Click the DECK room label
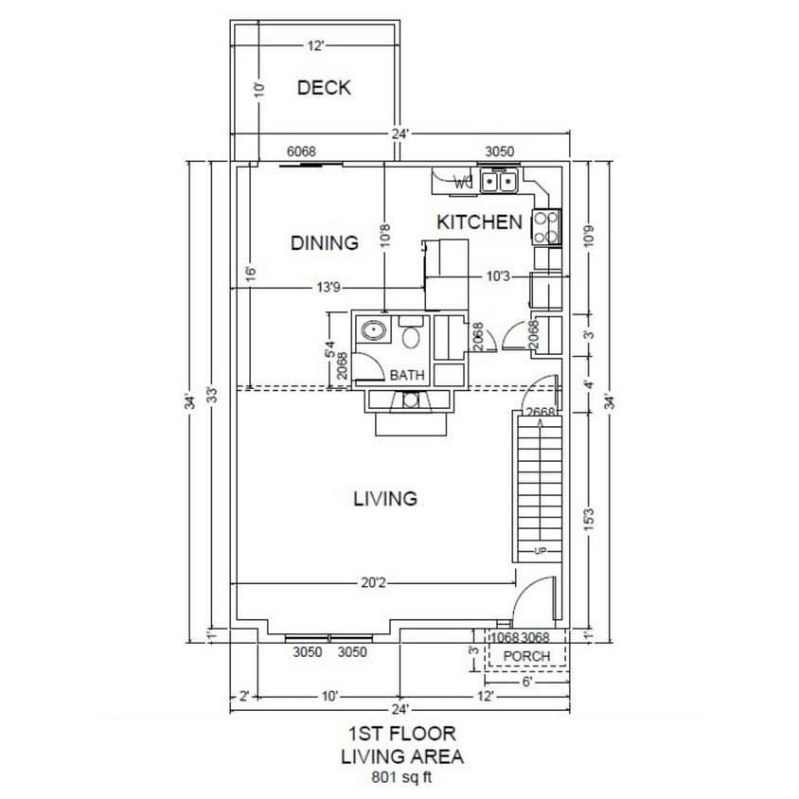click(x=324, y=88)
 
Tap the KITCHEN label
click(x=479, y=222)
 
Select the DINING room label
click(x=325, y=243)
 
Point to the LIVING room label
click(x=385, y=498)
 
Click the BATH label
click(x=408, y=376)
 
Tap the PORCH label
click(x=526, y=656)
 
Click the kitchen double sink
click(x=498, y=181)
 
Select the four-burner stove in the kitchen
click(x=546, y=226)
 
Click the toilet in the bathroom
click(x=411, y=335)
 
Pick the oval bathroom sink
click(x=374, y=333)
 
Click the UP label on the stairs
click(x=540, y=551)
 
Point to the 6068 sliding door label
click(x=301, y=151)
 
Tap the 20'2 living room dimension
click(x=373, y=583)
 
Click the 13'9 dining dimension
click(x=328, y=288)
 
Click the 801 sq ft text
click(x=401, y=779)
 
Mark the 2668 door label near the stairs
click(x=540, y=412)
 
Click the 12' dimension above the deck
click(x=315, y=45)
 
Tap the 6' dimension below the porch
click(x=527, y=680)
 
